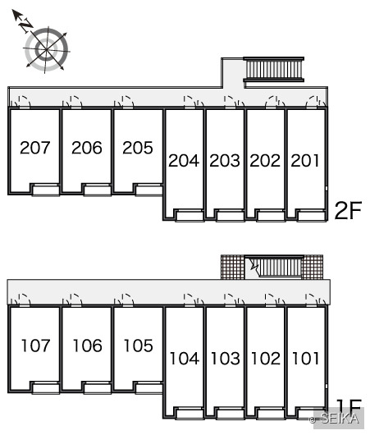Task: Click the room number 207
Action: (x=35, y=147)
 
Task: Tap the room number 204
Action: (x=184, y=160)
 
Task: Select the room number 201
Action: (x=305, y=160)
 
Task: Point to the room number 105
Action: (x=138, y=346)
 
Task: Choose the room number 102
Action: (x=266, y=358)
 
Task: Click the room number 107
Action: (x=35, y=346)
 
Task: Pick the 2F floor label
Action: (x=348, y=211)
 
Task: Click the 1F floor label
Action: (x=349, y=407)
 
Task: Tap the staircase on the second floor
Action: (x=274, y=70)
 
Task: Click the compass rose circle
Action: (x=46, y=49)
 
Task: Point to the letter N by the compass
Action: (x=25, y=25)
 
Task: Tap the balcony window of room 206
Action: (x=98, y=190)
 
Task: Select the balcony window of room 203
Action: (x=231, y=216)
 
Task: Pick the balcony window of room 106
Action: (x=98, y=388)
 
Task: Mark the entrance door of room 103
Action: (x=230, y=300)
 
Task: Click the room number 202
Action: (x=265, y=160)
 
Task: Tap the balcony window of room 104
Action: (x=190, y=414)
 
